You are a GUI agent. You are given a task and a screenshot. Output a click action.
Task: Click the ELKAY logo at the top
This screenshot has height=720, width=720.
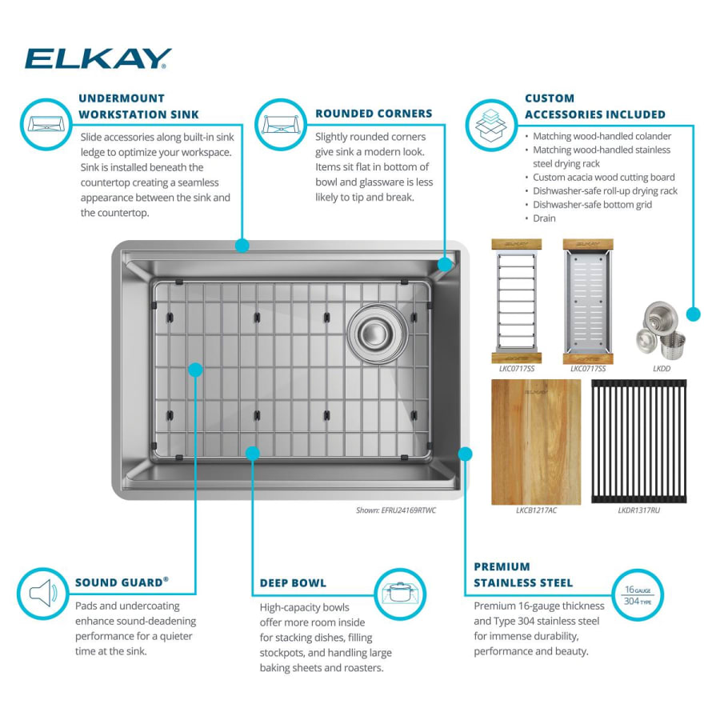tap(98, 58)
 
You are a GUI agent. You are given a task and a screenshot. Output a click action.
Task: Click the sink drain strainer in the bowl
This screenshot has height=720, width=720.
tap(377, 333)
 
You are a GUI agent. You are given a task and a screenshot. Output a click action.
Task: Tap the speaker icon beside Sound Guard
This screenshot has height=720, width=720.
tap(42, 594)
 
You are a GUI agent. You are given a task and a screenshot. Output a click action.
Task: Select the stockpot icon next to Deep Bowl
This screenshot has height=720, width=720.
tap(399, 594)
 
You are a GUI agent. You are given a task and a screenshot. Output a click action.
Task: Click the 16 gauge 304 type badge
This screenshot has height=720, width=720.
tap(638, 595)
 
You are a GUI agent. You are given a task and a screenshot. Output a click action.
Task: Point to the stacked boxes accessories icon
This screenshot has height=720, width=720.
tap(491, 125)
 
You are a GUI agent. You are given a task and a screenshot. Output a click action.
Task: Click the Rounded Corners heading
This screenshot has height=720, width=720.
tap(374, 114)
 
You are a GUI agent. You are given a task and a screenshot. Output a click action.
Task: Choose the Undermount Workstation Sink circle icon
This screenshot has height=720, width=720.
tap(46, 124)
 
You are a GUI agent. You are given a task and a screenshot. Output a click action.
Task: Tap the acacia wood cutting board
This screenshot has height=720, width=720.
tap(536, 442)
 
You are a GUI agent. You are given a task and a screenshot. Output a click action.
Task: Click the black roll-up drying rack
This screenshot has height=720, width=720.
tap(638, 442)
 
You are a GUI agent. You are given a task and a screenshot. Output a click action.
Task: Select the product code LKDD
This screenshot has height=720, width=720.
tap(662, 369)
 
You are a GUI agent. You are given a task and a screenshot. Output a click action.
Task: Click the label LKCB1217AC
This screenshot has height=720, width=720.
tap(536, 510)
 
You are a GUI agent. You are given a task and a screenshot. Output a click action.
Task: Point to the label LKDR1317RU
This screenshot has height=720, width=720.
tap(638, 510)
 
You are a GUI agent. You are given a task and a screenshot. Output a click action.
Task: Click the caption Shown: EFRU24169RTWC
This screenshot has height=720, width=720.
tap(396, 510)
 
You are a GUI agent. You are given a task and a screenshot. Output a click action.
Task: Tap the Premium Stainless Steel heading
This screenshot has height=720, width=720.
tap(523, 575)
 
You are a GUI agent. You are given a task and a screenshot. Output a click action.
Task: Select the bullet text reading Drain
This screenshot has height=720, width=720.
tap(544, 218)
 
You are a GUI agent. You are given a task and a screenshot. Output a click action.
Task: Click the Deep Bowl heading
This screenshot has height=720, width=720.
tap(293, 583)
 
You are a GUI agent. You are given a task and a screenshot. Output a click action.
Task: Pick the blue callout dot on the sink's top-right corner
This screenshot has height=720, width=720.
tap(445, 265)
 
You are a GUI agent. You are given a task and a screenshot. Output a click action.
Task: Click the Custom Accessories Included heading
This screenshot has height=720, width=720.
tap(595, 106)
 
